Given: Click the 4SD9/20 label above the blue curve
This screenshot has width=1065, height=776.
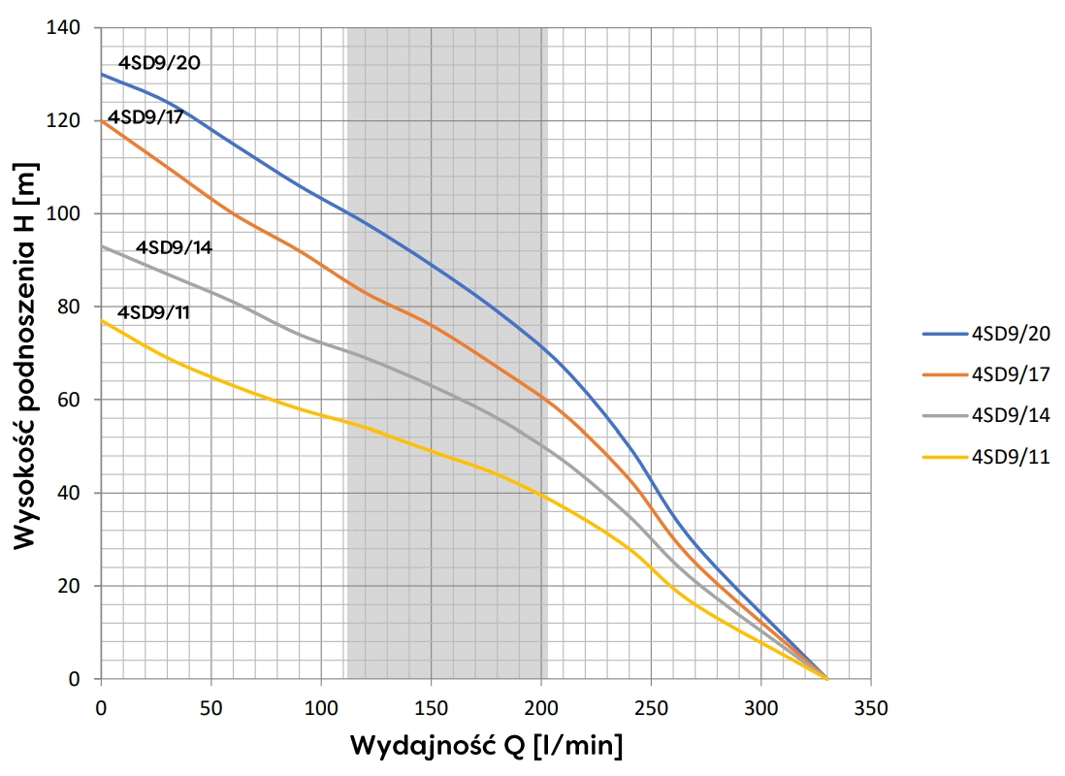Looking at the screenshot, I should coord(159,63).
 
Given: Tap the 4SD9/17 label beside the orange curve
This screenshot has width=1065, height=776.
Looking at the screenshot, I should coord(145,117).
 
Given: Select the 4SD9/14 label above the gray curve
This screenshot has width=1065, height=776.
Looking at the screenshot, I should coord(174,246).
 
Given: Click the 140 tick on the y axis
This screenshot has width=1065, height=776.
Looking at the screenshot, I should coord(68,28).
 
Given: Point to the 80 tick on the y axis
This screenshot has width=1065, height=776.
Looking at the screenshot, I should coord(73,307).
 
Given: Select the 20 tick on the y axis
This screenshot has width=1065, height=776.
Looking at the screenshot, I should coord(73,587).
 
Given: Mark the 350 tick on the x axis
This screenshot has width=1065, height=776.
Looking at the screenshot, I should coord(871,706).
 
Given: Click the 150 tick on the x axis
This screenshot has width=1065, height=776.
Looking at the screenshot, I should coord(432,706).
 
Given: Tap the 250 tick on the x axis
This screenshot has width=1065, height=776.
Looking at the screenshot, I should coord(651,706).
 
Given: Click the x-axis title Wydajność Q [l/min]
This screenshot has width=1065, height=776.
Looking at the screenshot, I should coord(486,747).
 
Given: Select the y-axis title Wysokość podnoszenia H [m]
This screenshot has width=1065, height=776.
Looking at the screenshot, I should coord(27,354).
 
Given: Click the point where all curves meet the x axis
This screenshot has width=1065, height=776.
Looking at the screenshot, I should coord(826,679).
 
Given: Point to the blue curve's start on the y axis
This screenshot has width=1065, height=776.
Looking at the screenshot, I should coord(101,74).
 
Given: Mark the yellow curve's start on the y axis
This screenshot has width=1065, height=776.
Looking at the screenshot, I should coord(101,320).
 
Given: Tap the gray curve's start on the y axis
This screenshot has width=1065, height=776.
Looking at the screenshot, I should coord(101,246).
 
